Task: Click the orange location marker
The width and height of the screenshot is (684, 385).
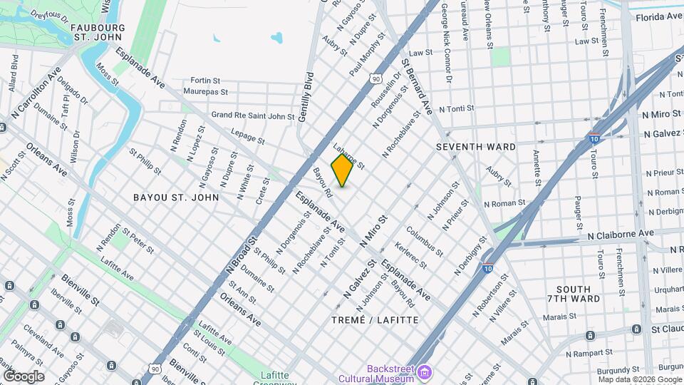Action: [x=343, y=170]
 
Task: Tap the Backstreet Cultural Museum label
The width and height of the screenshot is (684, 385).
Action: [x=391, y=374]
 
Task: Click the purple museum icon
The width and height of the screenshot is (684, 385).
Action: [x=425, y=372]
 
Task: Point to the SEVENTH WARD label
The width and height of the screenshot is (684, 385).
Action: [x=475, y=147]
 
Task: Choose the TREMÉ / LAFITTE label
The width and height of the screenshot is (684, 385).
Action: [x=375, y=320]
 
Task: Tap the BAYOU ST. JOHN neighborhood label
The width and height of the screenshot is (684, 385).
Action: [x=176, y=197]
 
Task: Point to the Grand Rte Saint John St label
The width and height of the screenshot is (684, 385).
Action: [x=253, y=115]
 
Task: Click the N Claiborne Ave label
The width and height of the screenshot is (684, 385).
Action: [x=621, y=234]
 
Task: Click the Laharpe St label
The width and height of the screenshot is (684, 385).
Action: [x=349, y=156]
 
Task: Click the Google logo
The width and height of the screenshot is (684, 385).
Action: [x=24, y=376]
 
